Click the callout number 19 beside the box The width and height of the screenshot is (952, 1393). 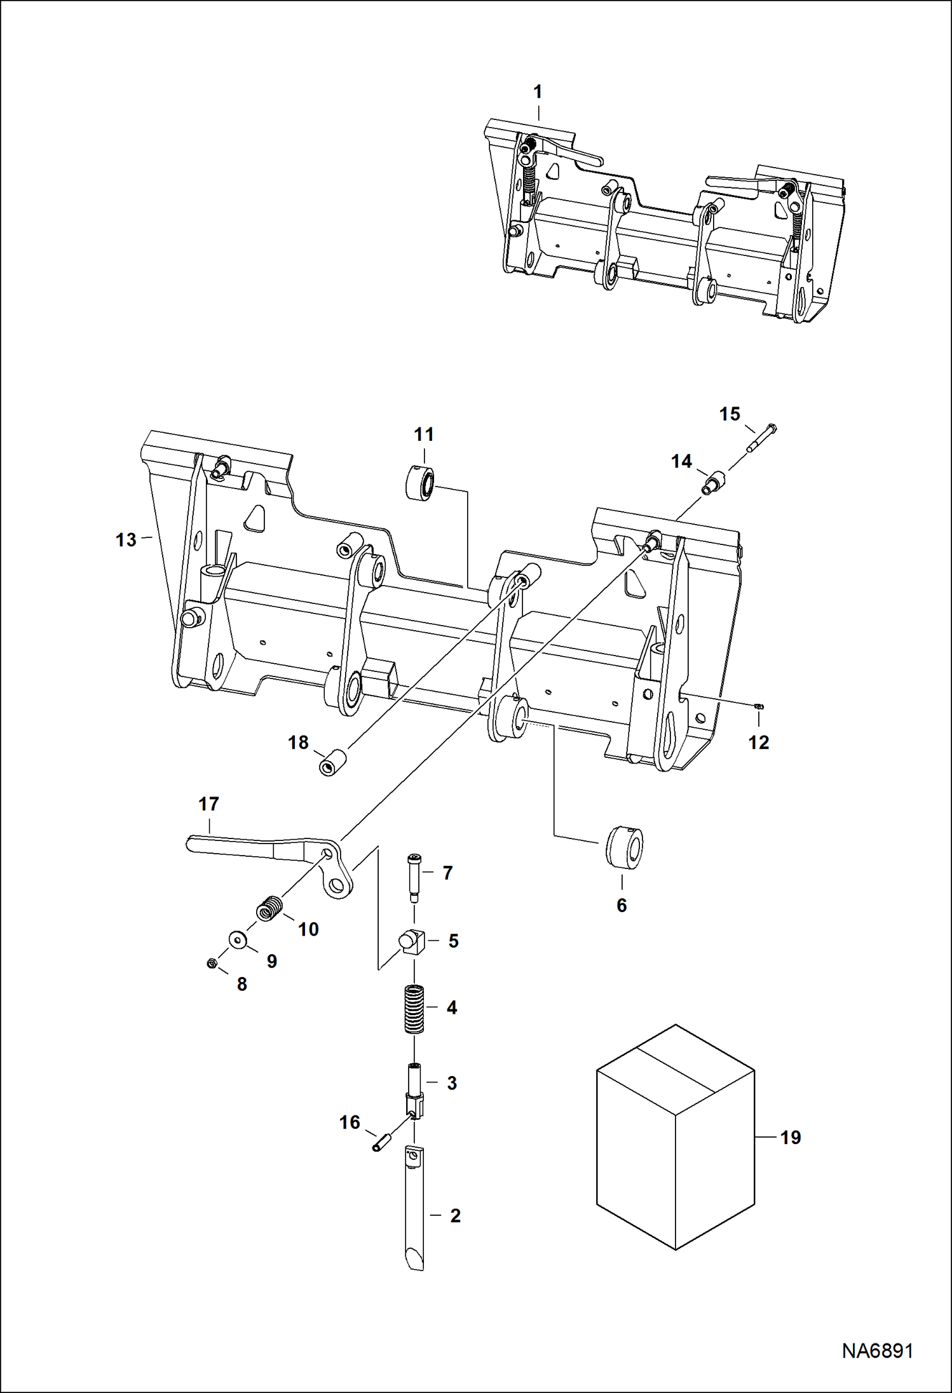pyautogui.click(x=790, y=1137)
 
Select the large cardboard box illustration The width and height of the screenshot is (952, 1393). pyautogui.click(x=675, y=1137)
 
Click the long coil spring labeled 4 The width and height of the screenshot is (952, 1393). pyautogui.click(x=414, y=1009)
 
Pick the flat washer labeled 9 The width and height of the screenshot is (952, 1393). pyautogui.click(x=239, y=938)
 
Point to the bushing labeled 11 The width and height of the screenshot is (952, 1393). pyautogui.click(x=420, y=482)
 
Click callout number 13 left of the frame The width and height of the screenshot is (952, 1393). pyautogui.click(x=126, y=540)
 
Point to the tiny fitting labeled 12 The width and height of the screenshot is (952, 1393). pyautogui.click(x=759, y=706)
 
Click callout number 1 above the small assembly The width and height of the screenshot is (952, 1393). pyautogui.click(x=538, y=92)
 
